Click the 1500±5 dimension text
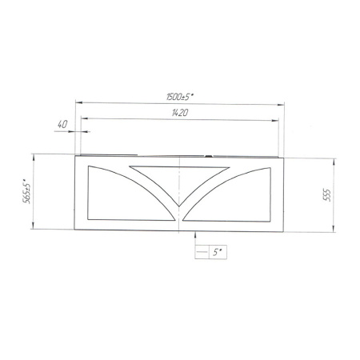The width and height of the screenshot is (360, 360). click(x=179, y=97)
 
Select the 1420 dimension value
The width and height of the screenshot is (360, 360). click(x=180, y=113)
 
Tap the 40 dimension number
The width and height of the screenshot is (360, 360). click(x=62, y=124)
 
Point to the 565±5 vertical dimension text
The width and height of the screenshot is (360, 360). click(x=27, y=190)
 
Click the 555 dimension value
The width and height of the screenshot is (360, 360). click(x=327, y=195)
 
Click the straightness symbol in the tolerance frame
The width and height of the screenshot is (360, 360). click(x=202, y=252)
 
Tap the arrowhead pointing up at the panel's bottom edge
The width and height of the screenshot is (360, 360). click(x=195, y=234)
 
